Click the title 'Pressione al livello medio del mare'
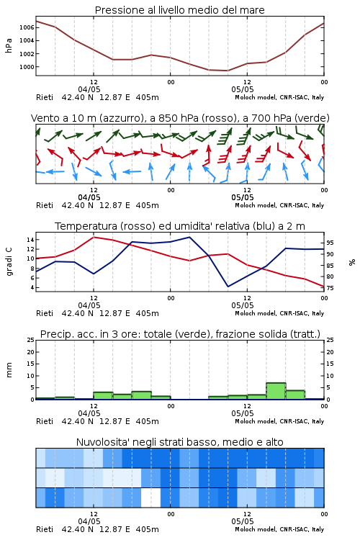pos(179,10)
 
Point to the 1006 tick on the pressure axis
pos(27,27)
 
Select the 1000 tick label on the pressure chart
pos(27,67)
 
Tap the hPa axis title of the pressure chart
pos(9,45)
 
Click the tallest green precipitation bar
pos(276,391)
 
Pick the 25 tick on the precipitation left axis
pos(31,340)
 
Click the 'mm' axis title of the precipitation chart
pos(9,370)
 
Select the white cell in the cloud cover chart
pos(151,498)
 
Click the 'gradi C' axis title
pos(9,262)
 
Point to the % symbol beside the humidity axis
pos(352,262)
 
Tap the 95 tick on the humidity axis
pos(330,243)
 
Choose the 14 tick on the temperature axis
pos(30,240)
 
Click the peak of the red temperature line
pos(94,238)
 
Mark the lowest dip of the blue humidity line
pos(228,287)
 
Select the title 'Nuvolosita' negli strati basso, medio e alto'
pos(179,442)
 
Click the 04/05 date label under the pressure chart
pos(89,89)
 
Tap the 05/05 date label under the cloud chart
pos(243,521)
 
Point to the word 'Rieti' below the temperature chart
pos(45,313)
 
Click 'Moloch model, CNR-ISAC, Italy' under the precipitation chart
pos(279,421)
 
